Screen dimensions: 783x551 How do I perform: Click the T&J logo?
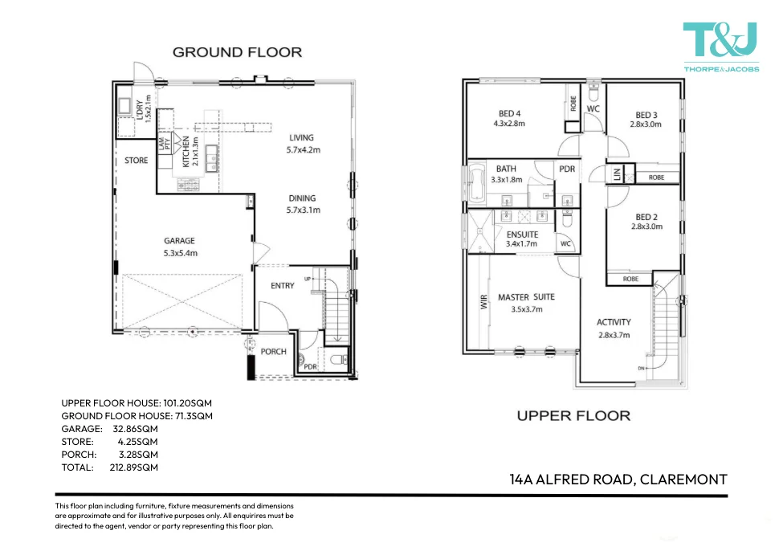[x=720, y=47]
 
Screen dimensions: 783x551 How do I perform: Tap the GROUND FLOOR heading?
[x=237, y=52]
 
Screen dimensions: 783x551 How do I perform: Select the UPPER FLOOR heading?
[x=573, y=415]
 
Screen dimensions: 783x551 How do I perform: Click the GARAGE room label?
[x=180, y=247]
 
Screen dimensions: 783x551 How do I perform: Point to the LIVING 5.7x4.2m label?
[x=303, y=143]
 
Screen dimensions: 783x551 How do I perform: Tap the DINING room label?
[x=303, y=204]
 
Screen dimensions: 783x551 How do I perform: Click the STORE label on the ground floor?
[x=137, y=161]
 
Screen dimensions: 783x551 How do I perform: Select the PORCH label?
[x=274, y=352]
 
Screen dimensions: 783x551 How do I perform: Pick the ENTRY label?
[x=283, y=286]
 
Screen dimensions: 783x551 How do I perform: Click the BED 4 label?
[x=509, y=118]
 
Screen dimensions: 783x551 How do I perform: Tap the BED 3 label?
[x=646, y=120]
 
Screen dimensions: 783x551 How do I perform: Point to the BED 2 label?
[x=646, y=222]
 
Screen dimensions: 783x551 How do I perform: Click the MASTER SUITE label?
[x=526, y=303]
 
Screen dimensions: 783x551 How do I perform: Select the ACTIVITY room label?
[x=614, y=329]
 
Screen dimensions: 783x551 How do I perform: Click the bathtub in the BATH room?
[x=477, y=184]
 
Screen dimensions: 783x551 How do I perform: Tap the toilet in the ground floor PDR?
[x=339, y=359]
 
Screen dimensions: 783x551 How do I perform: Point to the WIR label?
[x=483, y=302]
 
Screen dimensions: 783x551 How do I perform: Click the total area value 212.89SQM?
[x=134, y=467]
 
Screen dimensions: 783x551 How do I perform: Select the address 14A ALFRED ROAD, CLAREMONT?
[x=618, y=480]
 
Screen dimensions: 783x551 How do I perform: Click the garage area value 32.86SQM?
[x=136, y=429]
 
